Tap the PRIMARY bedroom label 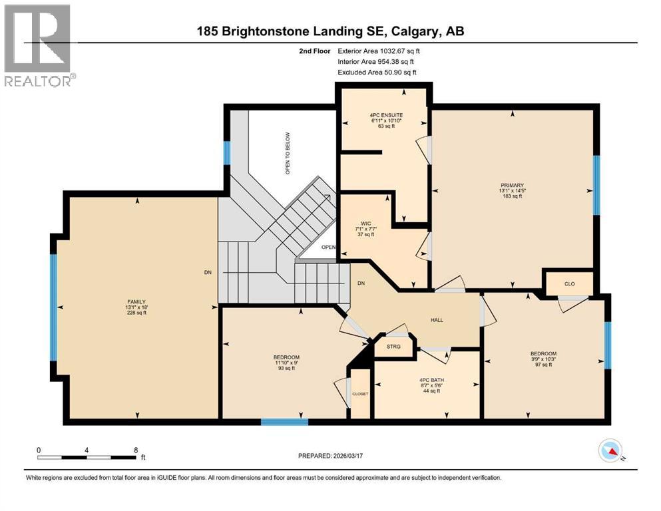click(x=513, y=186)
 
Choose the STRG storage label click(x=393, y=347)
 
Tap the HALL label click(x=437, y=320)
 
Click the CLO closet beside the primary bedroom click(x=569, y=283)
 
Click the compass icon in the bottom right click(x=610, y=451)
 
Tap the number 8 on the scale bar click(x=136, y=450)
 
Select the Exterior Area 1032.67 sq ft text click(x=379, y=51)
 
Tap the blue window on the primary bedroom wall click(x=596, y=185)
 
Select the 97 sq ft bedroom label click(x=543, y=365)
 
